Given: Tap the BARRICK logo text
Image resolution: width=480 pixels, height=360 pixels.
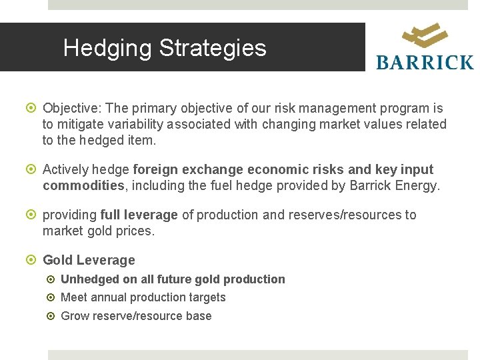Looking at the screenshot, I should [x=425, y=63].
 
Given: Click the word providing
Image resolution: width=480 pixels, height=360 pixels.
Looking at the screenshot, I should [x=69, y=215].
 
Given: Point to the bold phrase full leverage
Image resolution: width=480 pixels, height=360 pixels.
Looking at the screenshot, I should [x=139, y=215].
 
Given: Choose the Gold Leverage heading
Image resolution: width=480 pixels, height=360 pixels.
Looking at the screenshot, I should [x=89, y=261].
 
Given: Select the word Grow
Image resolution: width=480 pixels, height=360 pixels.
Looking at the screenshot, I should [x=74, y=316].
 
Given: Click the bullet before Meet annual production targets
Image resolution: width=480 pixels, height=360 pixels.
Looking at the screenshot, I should [x=52, y=298].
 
